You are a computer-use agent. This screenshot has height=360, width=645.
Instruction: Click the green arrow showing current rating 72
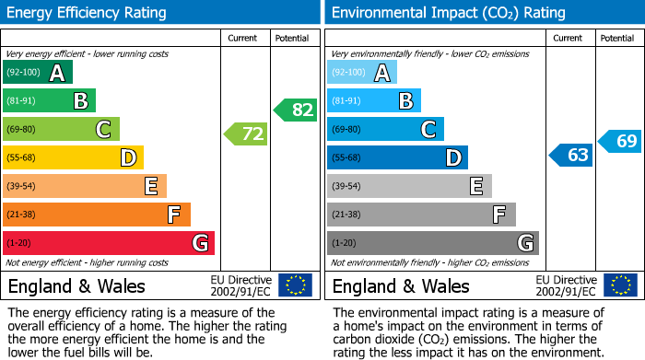[246, 134]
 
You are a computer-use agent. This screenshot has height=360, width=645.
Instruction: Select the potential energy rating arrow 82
[295, 110]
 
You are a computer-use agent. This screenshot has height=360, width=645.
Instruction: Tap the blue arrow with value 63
[570, 155]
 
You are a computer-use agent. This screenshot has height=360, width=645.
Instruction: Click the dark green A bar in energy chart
[38, 73]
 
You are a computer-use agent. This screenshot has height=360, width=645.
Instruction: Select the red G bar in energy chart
[109, 243]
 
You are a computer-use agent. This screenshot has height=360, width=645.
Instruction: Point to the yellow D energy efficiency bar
[73, 158]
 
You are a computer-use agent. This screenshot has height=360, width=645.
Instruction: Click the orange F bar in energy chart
[97, 215]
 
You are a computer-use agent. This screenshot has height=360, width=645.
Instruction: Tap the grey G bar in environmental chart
[432, 243]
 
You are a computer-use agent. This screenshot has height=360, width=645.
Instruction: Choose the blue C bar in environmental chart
[385, 129]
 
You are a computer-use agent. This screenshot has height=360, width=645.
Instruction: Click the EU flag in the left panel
[295, 285]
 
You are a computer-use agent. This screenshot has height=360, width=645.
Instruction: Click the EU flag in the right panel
[619, 285]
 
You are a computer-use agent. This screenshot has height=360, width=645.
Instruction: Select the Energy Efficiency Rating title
[88, 13]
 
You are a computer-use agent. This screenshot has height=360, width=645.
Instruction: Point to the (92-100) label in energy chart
[24, 73]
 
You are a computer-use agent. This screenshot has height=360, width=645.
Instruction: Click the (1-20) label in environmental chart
[344, 243]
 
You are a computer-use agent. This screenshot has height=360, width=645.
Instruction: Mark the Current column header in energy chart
[243, 38]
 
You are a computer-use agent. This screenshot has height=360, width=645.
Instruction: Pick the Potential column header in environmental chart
[617, 38]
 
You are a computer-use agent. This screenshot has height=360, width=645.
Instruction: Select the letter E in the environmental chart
[475, 186]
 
